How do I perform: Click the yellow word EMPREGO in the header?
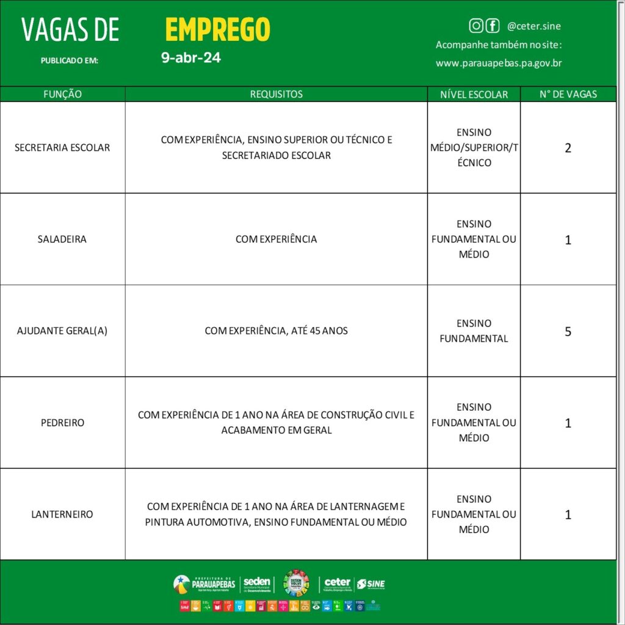(217, 29)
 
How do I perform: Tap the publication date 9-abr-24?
(190, 59)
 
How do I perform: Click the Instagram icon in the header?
(476, 26)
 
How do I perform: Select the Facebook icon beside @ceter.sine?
(492, 26)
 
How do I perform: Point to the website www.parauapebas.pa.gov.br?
(499, 63)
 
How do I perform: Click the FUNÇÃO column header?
(62, 94)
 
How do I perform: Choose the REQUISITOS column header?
(276, 94)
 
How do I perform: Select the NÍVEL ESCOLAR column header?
(474, 95)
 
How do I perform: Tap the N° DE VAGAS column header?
(568, 94)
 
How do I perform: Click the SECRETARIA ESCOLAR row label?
(62, 148)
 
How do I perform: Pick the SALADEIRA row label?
(62, 239)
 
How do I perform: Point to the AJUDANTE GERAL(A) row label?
(62, 331)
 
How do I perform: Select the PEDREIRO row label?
(62, 422)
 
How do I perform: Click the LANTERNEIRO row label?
(62, 514)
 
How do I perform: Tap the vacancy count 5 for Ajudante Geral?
(568, 331)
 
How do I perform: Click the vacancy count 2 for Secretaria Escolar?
(568, 148)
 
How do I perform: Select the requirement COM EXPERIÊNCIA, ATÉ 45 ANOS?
(276, 331)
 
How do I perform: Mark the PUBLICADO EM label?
(69, 60)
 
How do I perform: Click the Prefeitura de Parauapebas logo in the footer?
(204, 583)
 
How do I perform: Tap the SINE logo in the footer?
(370, 584)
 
